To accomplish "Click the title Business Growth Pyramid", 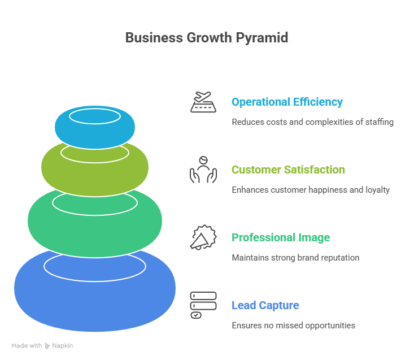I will pos(206,38).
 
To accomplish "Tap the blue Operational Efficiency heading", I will pos(287,102).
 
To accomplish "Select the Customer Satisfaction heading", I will pos(288,170).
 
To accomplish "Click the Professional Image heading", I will pos(281,237).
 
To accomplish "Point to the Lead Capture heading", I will pos(265,305).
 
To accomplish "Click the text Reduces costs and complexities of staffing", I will pos(312,122).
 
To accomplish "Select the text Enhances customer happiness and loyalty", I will pos(311,190).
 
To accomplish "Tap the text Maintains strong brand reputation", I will pos(295,258).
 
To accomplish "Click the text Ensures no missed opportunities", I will pos(293,326).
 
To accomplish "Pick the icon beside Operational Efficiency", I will pos(203,102).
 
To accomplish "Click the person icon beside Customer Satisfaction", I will pos(203,170).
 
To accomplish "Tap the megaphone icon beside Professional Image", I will pos(203,237).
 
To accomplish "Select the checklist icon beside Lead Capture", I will pos(203,305).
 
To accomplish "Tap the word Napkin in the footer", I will pos(63,345).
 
